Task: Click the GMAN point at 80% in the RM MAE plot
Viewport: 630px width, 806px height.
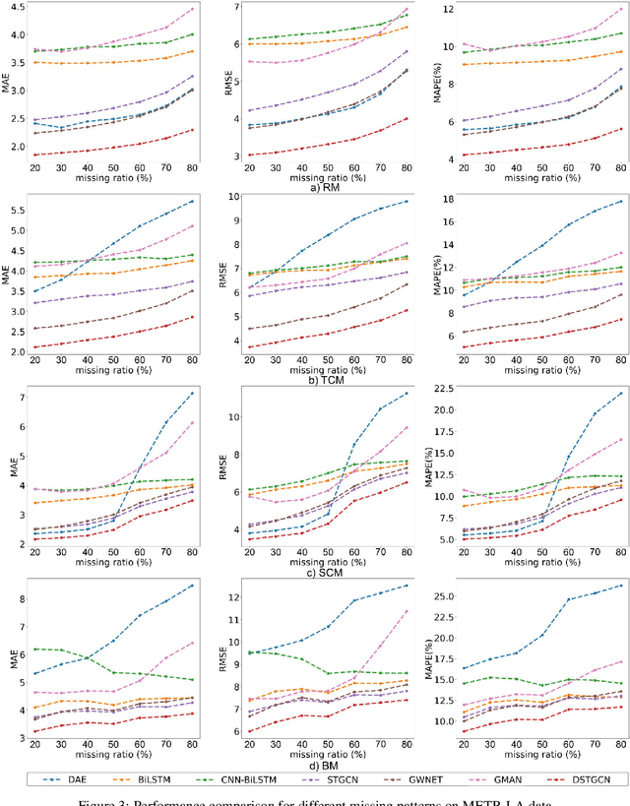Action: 192,9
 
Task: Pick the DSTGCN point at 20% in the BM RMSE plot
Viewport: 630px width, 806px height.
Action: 250,730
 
